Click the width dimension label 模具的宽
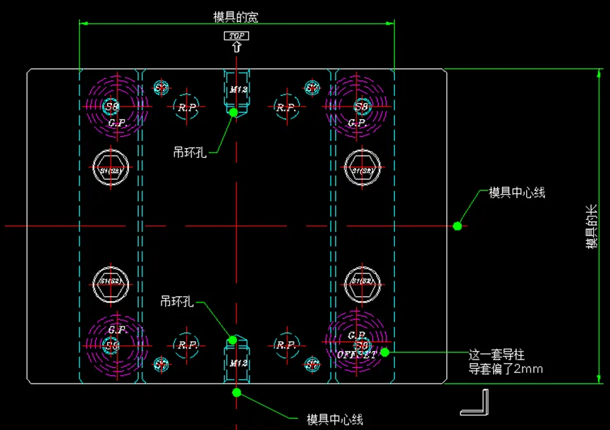coord(236,16)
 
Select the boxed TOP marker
coord(236,35)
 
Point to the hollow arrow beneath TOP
coord(236,47)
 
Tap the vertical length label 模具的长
coord(592,226)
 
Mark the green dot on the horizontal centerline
coord(457,226)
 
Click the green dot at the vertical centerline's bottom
coord(236,392)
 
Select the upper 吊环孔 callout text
coord(190,151)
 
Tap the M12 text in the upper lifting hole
coord(236,90)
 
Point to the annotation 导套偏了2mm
coord(506,368)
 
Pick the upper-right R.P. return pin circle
coord(286,107)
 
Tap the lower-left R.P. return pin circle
coord(187,345)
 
